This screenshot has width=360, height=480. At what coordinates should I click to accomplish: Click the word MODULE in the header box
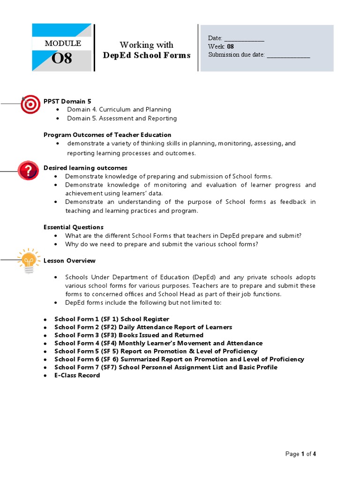point(63,44)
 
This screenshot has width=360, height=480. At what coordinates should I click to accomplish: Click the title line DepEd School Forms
point(147,55)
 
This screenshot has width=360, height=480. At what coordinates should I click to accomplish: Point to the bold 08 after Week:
point(230,46)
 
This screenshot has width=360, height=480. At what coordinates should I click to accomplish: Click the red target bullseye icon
point(30,104)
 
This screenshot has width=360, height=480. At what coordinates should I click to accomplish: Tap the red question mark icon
point(28,170)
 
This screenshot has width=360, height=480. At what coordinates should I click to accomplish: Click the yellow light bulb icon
point(28,261)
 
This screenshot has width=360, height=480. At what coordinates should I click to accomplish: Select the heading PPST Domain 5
point(67,101)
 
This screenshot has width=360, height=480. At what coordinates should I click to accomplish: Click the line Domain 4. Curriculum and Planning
point(119,110)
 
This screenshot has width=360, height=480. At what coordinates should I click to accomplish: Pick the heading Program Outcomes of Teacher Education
point(107,135)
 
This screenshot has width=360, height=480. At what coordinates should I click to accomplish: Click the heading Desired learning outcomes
point(85,168)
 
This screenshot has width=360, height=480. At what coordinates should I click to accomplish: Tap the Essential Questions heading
point(74,227)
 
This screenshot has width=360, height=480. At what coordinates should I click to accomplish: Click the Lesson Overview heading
point(69,261)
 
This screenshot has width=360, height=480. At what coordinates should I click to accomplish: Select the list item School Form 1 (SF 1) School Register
point(112,319)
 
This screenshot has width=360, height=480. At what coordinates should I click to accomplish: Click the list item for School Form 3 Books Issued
point(129,335)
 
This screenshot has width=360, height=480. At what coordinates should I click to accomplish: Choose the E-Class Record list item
point(77,375)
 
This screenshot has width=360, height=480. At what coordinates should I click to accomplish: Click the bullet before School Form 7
point(45,367)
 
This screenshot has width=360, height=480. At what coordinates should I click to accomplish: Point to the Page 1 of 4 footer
point(300,454)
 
